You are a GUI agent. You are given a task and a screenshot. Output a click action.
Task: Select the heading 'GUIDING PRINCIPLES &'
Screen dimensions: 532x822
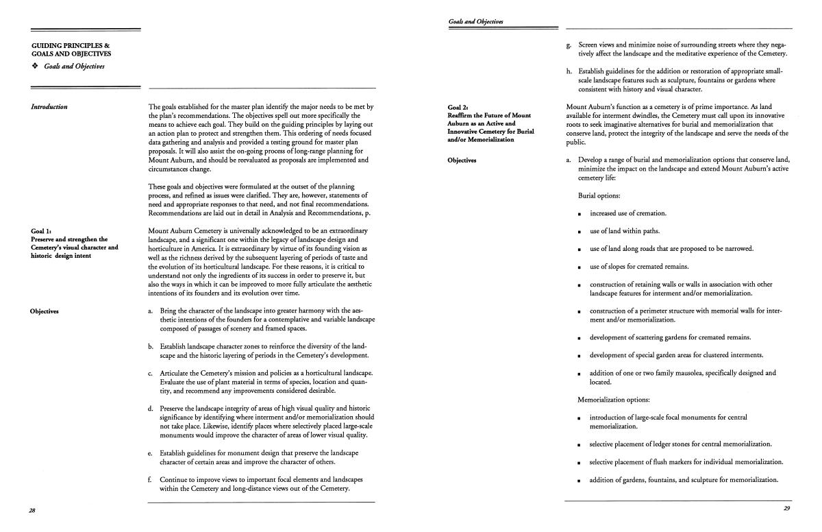click(x=66, y=45)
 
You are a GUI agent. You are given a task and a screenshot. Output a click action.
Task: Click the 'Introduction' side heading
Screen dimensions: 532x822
click(x=49, y=107)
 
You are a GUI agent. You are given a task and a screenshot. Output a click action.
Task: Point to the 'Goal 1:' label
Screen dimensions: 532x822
click(x=42, y=231)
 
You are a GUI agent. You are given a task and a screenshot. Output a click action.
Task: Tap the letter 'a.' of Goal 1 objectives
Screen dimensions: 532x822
click(x=150, y=311)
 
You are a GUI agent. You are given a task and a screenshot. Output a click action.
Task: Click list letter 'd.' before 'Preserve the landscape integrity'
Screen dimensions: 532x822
click(x=150, y=409)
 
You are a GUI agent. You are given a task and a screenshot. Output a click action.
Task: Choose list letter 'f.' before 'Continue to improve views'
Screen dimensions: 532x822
click(x=150, y=479)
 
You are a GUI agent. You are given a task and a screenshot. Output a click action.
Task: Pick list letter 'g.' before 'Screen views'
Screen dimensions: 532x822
click(x=569, y=45)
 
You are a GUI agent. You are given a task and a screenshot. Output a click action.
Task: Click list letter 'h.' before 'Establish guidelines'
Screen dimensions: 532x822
click(x=569, y=71)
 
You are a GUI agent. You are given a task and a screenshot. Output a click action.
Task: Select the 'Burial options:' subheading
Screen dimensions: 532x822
click(x=599, y=195)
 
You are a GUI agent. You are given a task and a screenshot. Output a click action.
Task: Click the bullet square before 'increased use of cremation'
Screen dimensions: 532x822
click(x=580, y=214)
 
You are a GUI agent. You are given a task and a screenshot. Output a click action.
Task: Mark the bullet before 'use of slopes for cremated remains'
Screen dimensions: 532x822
click(x=580, y=267)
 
